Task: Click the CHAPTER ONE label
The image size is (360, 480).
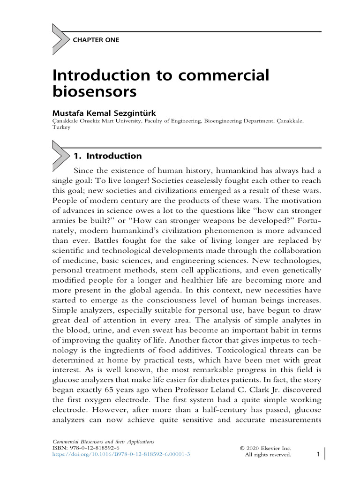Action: tap(96, 40)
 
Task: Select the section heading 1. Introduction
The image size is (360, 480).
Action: tap(107, 156)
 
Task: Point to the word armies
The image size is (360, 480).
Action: tap(65, 221)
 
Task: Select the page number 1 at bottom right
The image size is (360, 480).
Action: tap(318, 454)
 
